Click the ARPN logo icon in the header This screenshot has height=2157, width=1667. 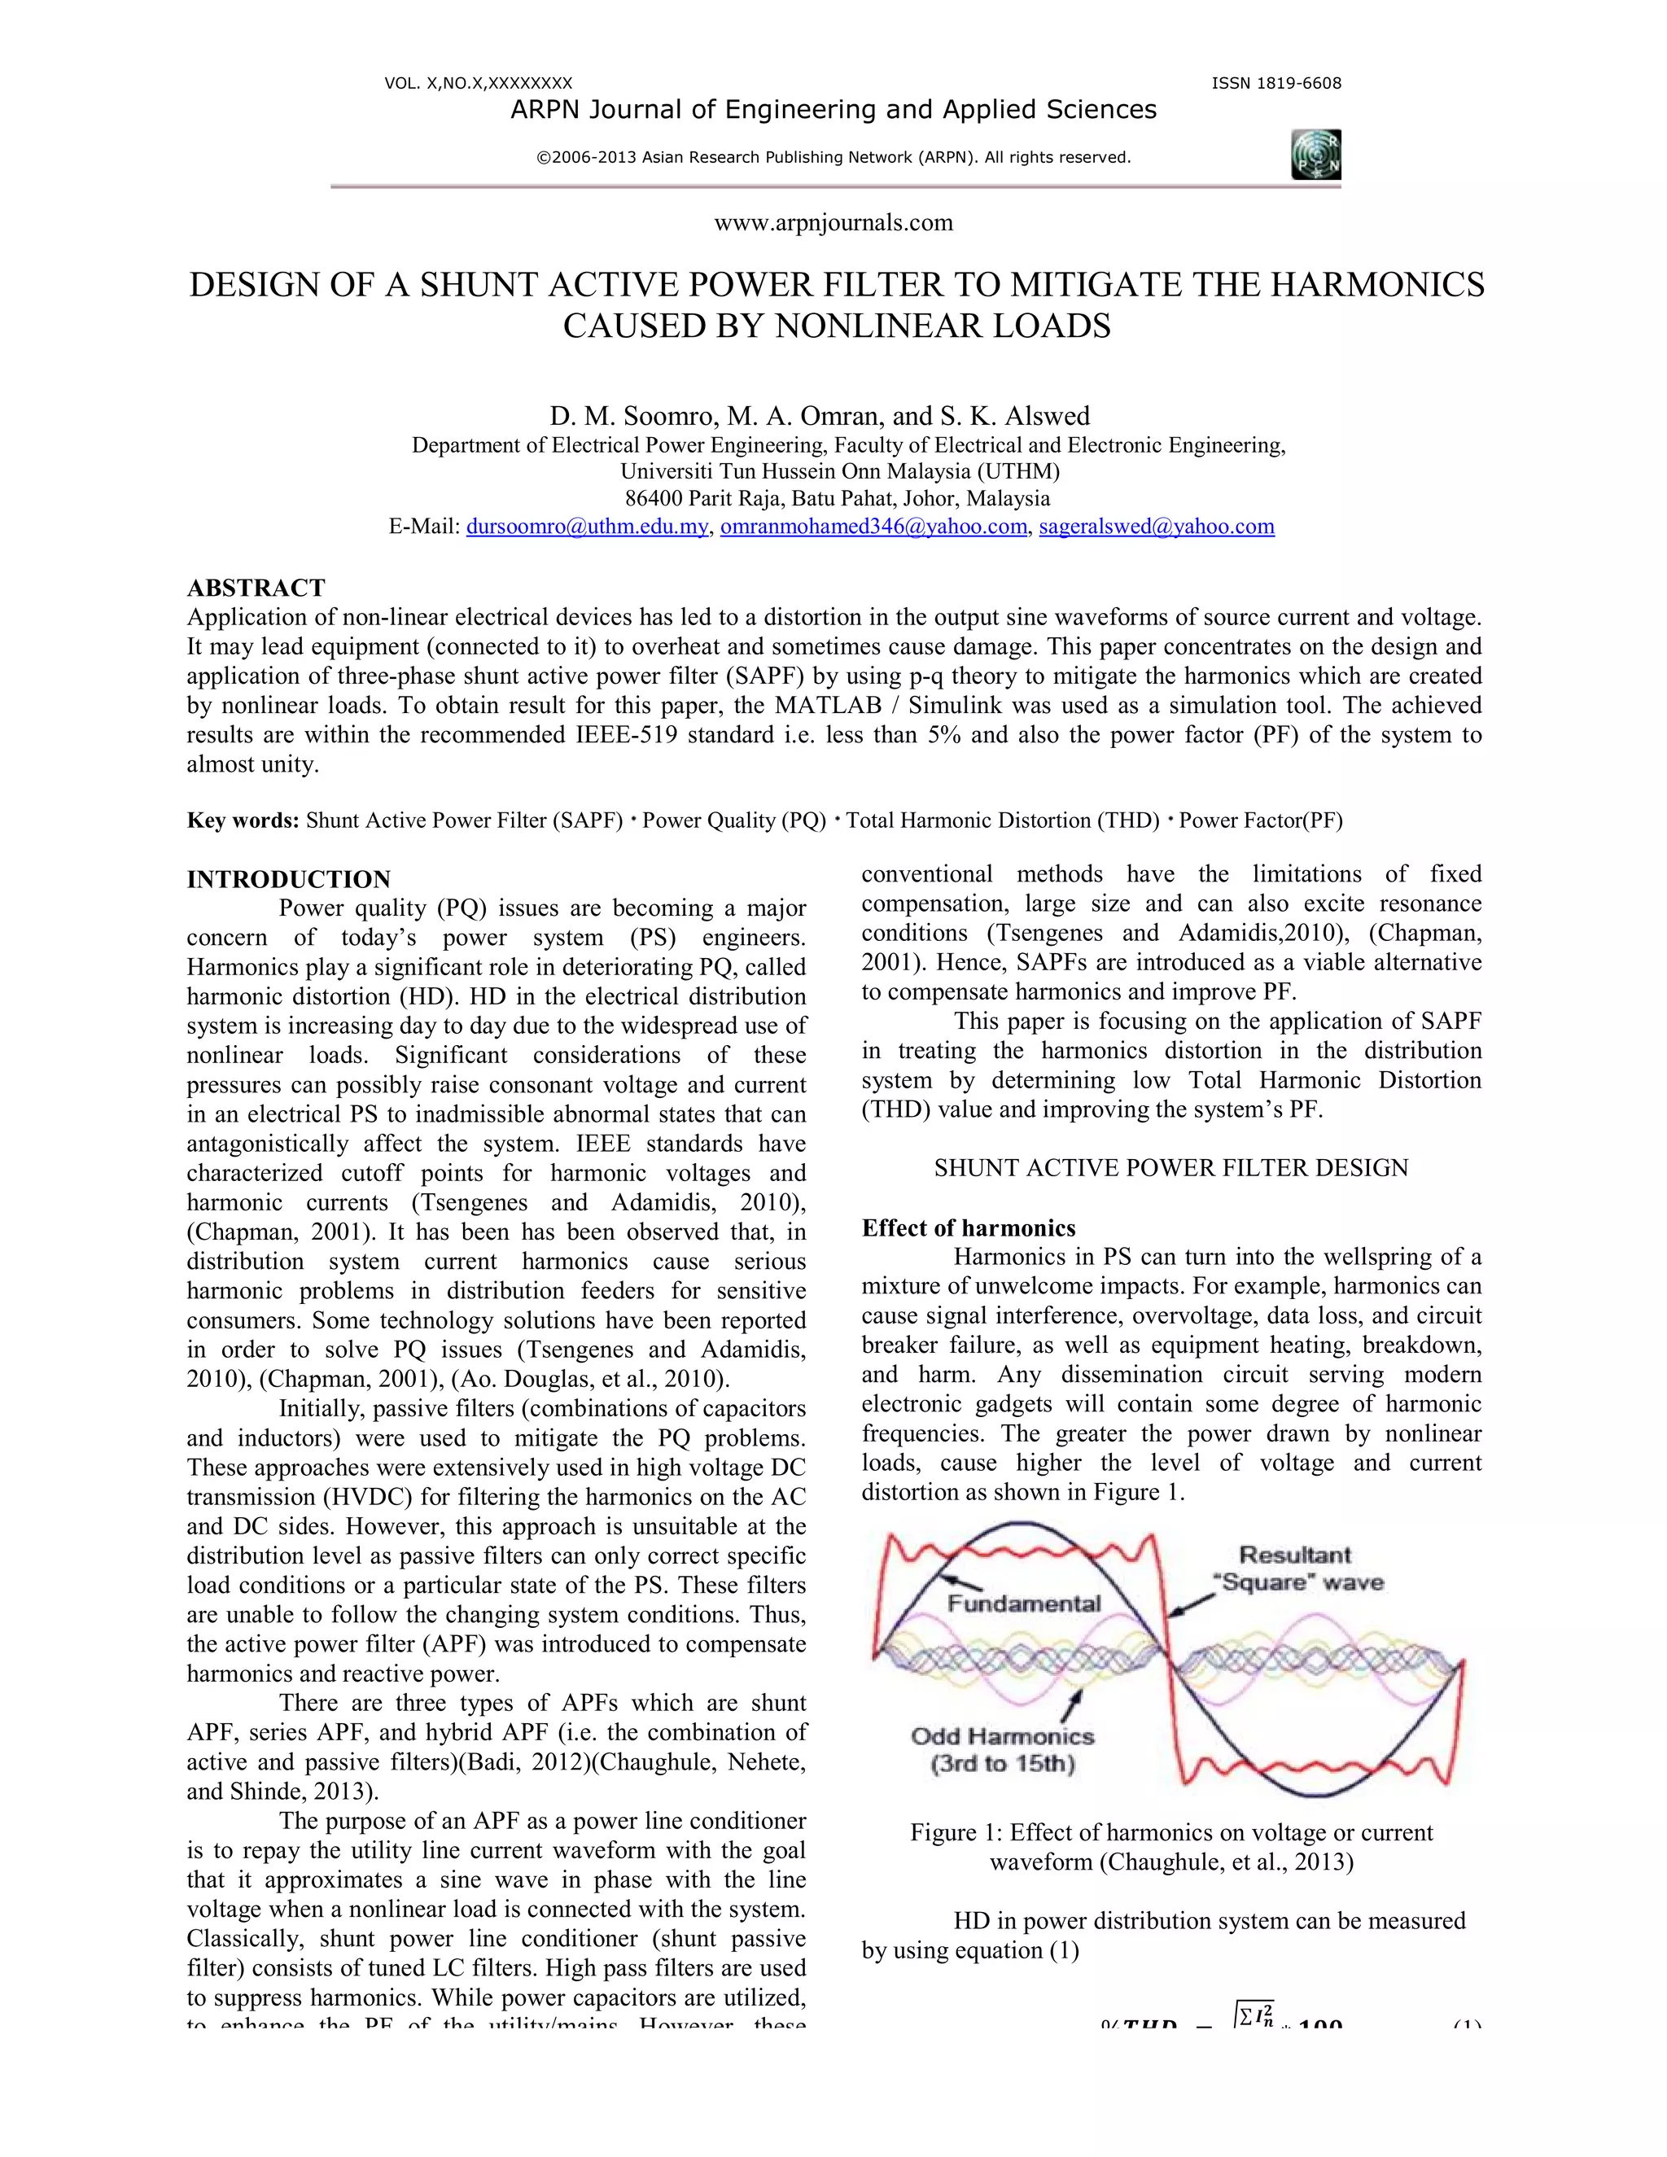click(1315, 155)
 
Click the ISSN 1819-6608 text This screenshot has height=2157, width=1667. click(1276, 84)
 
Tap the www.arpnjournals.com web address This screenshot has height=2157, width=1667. click(833, 223)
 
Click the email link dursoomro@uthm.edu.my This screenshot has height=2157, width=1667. click(587, 527)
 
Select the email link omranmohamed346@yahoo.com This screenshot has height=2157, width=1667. click(873, 527)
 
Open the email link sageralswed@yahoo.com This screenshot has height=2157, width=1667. click(1157, 527)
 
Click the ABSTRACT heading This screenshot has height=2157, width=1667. click(256, 588)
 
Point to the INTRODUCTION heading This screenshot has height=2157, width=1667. click(288, 879)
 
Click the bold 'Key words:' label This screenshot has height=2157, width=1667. click(243, 820)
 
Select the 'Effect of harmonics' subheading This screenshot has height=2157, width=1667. click(968, 1227)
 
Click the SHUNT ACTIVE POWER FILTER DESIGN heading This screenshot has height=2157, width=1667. click(1171, 1167)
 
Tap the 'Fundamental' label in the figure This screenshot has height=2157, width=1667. click(1024, 1603)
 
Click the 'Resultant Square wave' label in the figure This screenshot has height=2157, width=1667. click(1297, 1569)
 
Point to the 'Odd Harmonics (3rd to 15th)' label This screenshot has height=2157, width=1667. click(1002, 1750)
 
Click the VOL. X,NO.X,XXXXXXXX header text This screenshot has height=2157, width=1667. click(478, 84)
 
